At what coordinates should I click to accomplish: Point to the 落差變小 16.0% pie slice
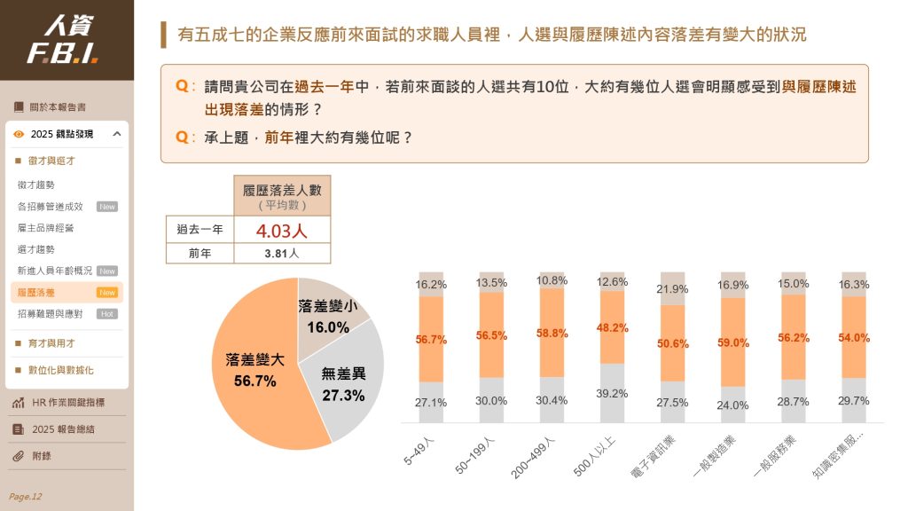point(329,315)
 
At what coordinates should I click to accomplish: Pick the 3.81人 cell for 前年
point(282,253)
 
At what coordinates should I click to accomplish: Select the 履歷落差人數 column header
point(282,195)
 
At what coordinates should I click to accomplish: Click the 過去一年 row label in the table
point(200,230)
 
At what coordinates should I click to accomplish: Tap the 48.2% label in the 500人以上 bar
point(613,327)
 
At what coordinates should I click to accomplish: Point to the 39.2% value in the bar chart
point(613,394)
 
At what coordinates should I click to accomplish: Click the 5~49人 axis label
point(419,450)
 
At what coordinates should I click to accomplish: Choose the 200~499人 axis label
point(532,457)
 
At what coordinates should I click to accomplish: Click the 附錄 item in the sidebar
point(43,456)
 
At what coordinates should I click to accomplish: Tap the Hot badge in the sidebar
point(107,313)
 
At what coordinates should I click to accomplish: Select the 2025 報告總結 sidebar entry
point(63,428)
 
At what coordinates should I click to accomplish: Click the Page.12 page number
point(25,496)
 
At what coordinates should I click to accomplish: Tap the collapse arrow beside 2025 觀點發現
point(117,134)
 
